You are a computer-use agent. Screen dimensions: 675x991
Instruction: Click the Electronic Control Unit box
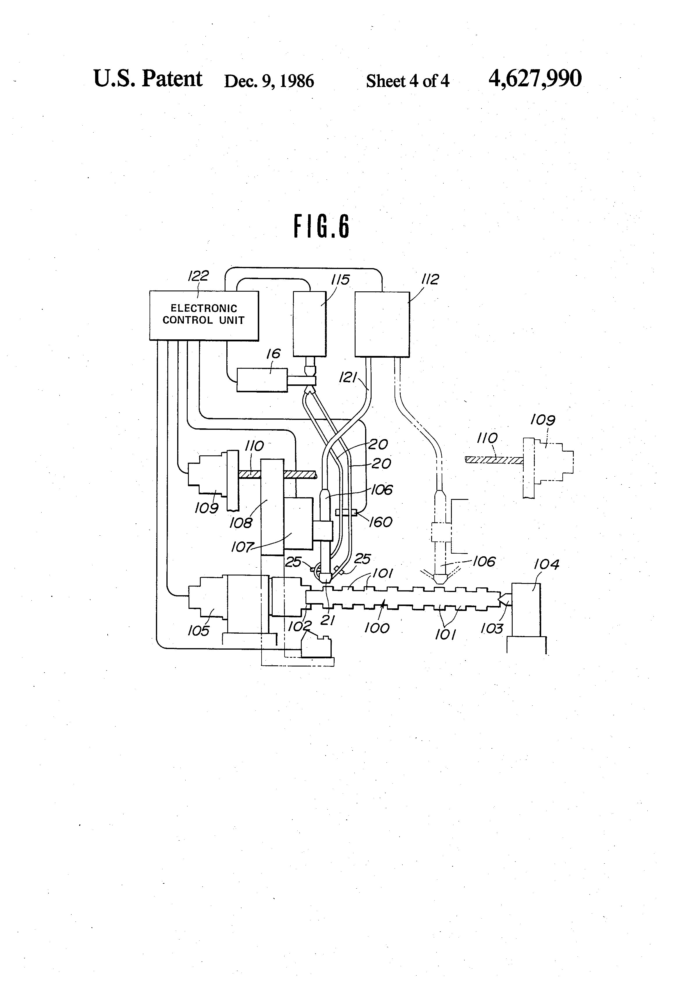[x=204, y=316]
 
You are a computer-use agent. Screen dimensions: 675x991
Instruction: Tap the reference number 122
[x=198, y=276]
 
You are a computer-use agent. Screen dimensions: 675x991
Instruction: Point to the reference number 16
[x=273, y=354]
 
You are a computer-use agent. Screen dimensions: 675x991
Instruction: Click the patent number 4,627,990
[x=535, y=79]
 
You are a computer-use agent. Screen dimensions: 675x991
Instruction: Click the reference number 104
[x=547, y=565]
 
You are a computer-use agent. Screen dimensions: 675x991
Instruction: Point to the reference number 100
[x=377, y=628]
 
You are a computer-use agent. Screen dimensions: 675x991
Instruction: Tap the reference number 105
[x=199, y=631]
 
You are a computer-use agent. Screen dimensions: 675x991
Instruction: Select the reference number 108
[x=241, y=523]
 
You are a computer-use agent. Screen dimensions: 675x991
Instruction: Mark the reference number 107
[x=242, y=547]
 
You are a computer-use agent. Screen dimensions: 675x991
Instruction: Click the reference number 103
[x=492, y=628]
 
